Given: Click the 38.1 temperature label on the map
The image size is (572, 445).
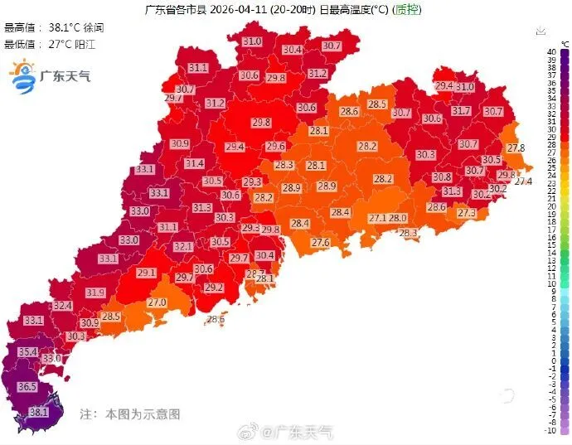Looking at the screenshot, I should [38, 411].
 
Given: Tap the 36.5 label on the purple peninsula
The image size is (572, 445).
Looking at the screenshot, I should [27, 387].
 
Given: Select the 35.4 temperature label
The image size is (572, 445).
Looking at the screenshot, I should [28, 351].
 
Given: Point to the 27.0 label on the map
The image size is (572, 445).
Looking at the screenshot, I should [157, 302].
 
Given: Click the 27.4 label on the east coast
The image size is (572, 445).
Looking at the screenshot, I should [523, 181].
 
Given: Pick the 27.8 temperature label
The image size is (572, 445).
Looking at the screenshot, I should [516, 148].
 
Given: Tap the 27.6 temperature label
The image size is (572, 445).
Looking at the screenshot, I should [320, 242].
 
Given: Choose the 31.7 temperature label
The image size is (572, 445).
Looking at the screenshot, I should [461, 110].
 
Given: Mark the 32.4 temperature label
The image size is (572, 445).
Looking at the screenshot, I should [63, 306].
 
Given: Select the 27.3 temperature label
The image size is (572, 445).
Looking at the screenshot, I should [467, 213].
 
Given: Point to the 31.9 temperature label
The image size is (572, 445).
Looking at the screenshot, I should [95, 293].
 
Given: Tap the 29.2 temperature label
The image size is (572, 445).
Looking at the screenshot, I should [214, 288].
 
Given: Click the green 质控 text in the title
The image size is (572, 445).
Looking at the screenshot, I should [405, 10].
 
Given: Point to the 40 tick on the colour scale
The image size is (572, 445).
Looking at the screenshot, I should [551, 51].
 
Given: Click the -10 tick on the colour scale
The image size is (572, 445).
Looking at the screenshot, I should [551, 431].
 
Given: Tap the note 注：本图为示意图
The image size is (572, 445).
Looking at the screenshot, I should [129, 413].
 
